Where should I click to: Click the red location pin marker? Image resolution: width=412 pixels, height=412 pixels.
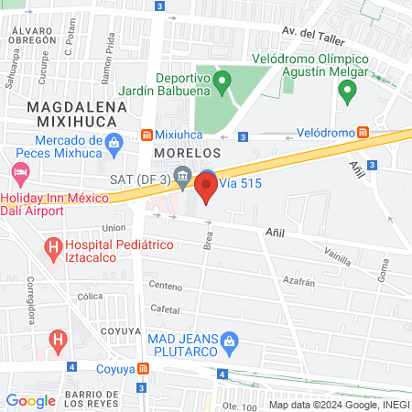pyautogui.click(x=206, y=189)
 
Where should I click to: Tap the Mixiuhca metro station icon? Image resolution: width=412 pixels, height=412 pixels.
pyautogui.click(x=146, y=136)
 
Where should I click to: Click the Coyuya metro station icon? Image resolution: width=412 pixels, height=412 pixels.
pyautogui.click(x=143, y=371)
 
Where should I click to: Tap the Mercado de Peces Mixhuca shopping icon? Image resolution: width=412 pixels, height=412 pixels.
pyautogui.click(x=113, y=141)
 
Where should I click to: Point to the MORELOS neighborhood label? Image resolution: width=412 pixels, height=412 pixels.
pyautogui.click(x=188, y=151)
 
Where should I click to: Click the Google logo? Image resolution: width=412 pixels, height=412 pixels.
pyautogui.click(x=30, y=400)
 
